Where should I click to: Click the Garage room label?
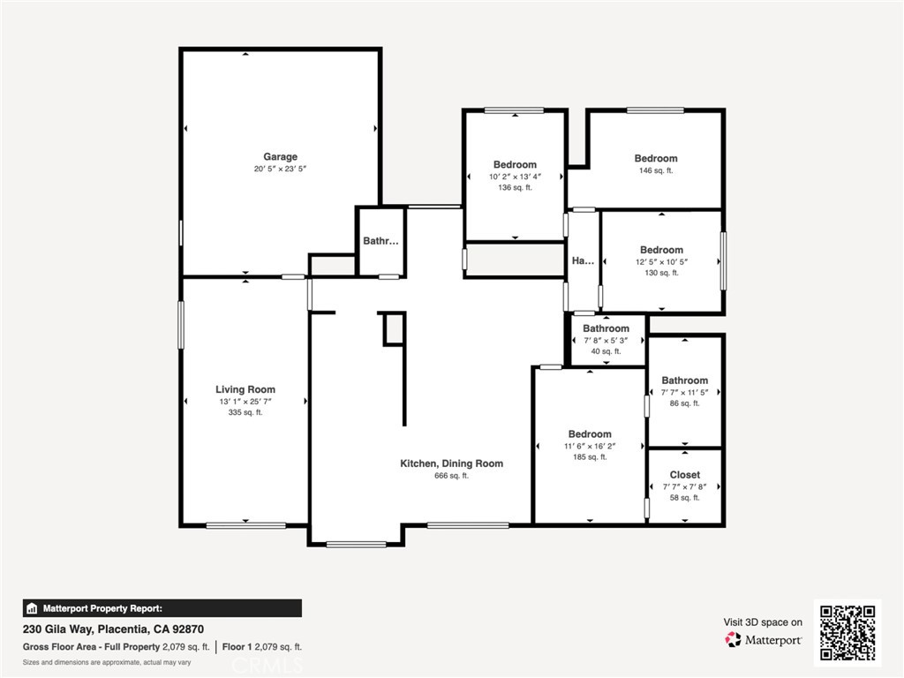point(280,157)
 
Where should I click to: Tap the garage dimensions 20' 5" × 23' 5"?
point(280,169)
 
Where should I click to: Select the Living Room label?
point(245,389)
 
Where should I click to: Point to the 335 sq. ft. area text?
point(245,412)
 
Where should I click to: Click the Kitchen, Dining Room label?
point(451,463)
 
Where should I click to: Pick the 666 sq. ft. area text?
point(451,476)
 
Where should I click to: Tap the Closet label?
point(685,475)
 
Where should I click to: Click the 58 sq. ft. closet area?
point(685,498)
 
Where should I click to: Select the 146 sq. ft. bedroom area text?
point(656,170)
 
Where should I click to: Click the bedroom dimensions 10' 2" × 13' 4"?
point(515,176)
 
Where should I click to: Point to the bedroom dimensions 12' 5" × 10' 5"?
point(661,261)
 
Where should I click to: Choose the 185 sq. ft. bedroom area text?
point(590,457)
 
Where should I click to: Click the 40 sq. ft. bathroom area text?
point(606,351)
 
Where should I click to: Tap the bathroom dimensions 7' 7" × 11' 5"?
point(685,392)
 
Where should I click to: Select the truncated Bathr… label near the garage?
point(380,241)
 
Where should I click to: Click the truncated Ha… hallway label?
point(583,261)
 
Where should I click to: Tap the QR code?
point(847,632)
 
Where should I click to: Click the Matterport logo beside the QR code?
point(764,639)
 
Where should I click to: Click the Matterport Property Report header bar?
point(162,608)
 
